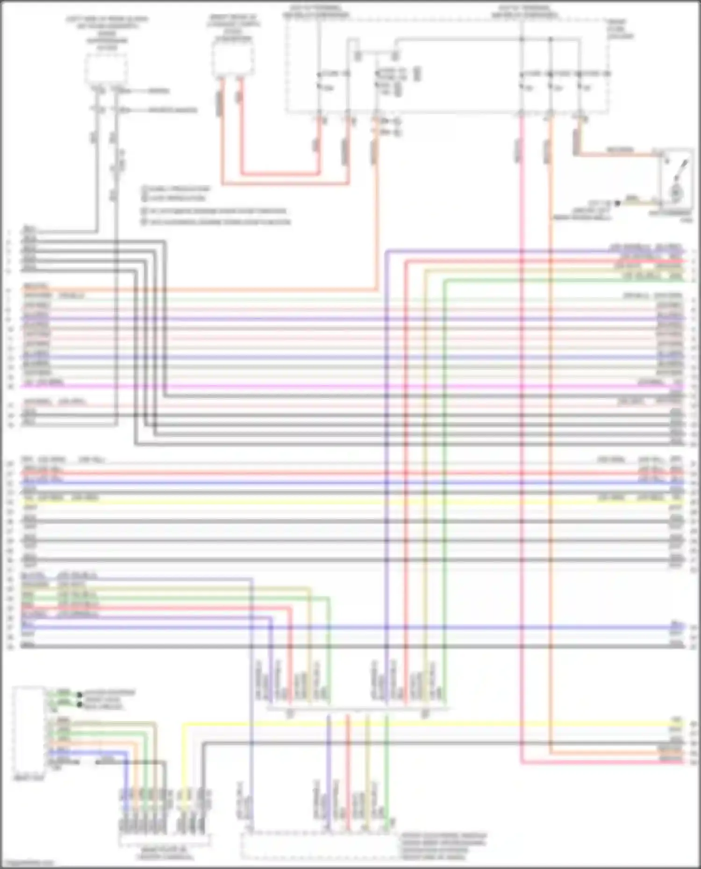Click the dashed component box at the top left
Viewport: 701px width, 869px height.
tap(106, 69)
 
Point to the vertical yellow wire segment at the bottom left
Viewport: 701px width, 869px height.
tap(183, 756)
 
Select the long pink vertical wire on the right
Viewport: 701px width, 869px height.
tap(522, 420)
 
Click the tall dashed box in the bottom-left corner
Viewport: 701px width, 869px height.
tap(29, 731)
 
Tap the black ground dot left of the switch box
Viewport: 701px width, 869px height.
tap(618, 204)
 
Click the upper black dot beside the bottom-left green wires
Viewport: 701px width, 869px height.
tap(79, 695)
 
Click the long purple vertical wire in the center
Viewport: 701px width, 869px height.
tap(387, 467)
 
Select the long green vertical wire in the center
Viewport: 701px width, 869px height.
tap(444, 467)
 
